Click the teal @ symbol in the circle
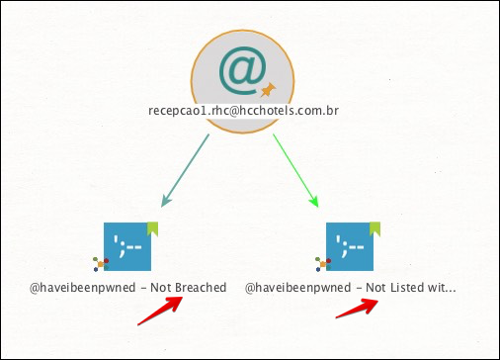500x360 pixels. tap(242, 70)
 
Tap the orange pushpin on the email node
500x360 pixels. tap(268, 90)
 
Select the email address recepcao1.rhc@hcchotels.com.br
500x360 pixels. tap(243, 111)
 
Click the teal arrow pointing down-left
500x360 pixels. tap(185, 170)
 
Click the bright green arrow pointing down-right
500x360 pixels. tap(295, 170)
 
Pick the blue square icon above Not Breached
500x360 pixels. tap(127, 246)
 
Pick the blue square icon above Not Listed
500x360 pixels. tap(350, 246)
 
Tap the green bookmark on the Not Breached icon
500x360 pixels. tap(152, 228)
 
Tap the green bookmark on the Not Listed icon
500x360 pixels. tap(375, 228)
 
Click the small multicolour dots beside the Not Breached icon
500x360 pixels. tap(101, 264)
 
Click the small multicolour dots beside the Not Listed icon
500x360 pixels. tap(323, 264)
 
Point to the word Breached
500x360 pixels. tap(201, 288)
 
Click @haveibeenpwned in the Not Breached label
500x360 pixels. tap(83, 288)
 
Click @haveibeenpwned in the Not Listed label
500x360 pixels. tap(298, 288)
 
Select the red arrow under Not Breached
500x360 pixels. tap(160, 311)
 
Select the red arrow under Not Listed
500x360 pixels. tap(357, 308)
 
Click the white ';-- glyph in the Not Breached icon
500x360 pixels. tap(127, 246)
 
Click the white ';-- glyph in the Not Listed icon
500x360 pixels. tap(350, 246)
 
